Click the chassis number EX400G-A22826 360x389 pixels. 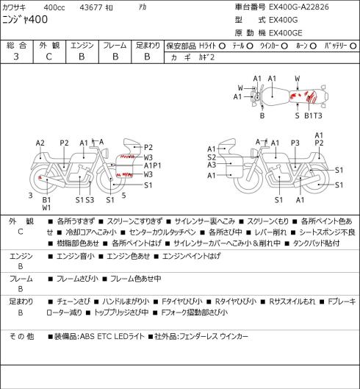pos(299,7)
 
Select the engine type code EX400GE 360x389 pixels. pos(286,33)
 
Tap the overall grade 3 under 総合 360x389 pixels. pos(16,57)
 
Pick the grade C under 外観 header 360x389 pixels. pos(48,57)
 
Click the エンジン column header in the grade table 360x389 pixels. pos(82,46)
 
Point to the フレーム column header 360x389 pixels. pos(115,46)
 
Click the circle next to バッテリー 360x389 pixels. pos(353,46)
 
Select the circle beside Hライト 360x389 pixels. pos(222,46)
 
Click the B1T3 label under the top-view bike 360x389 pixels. pos(313,115)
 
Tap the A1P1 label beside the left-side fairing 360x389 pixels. pos(153,165)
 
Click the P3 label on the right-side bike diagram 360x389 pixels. pos(295,143)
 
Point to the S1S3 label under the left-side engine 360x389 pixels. pos(84,200)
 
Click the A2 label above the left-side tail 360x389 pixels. pos(40,143)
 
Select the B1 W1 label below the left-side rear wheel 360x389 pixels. pos(46,204)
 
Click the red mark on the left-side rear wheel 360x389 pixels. pos(40,177)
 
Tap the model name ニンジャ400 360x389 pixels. pos(25,20)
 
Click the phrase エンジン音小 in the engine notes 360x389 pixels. pos(76,256)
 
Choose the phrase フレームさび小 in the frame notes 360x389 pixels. pos(77,279)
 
